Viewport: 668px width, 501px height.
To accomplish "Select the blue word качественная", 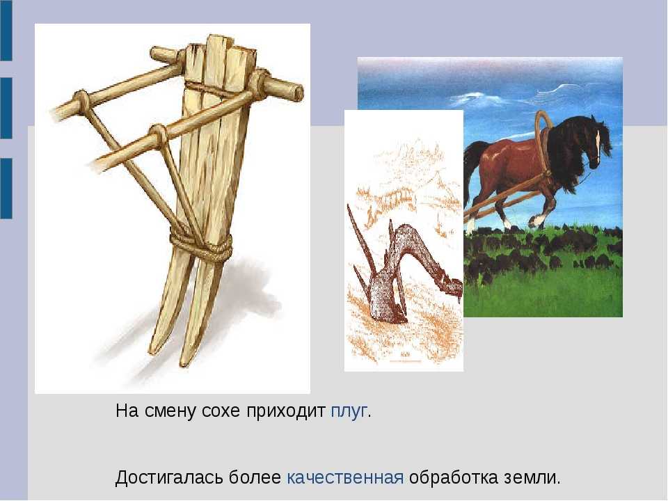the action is pyautogui.click(x=345, y=477).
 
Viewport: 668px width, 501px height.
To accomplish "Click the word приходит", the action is pyautogui.click(x=285, y=412).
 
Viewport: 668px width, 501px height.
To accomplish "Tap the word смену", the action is pyautogui.click(x=170, y=412).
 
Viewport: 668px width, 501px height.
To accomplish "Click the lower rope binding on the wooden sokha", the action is pyautogui.click(x=202, y=246).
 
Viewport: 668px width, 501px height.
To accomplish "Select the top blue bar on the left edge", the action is pyautogui.click(x=6, y=30).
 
